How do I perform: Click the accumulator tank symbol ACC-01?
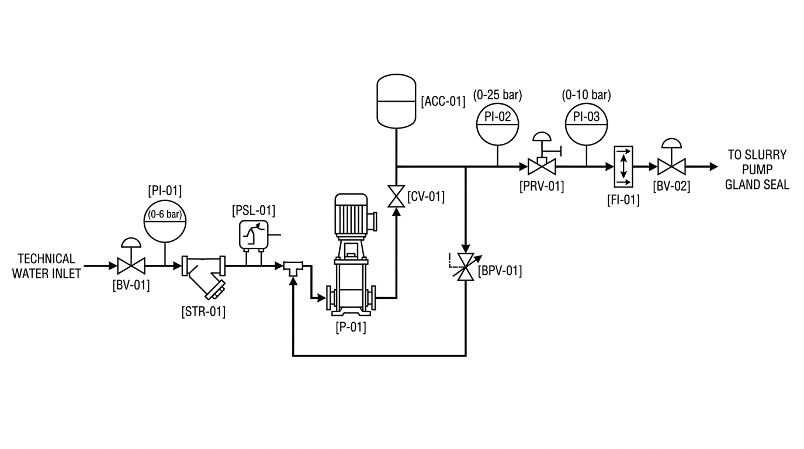(396, 101)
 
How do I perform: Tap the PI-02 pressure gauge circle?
(497, 125)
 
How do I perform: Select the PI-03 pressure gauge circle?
(587, 125)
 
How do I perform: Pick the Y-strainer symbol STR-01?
(204, 275)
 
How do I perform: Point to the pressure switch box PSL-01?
(254, 235)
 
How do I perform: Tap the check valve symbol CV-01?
(396, 196)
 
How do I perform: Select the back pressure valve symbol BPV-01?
(466, 267)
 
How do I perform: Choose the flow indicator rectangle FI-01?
(623, 167)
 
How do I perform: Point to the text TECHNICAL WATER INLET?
(47, 266)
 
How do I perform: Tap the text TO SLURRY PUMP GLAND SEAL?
(757, 170)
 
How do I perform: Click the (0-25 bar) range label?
(497, 95)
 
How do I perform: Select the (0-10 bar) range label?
(587, 95)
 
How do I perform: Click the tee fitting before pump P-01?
(293, 268)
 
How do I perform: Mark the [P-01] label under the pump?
(351, 327)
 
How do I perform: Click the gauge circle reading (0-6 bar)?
(165, 221)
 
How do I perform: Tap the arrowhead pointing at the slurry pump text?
(714, 167)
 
